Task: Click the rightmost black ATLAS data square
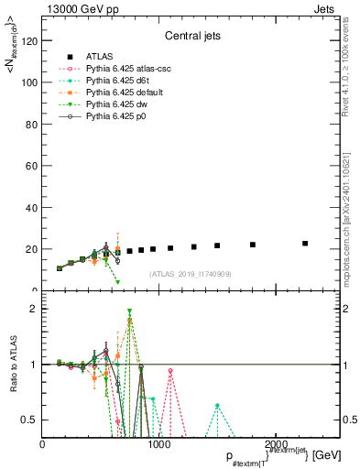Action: pyautogui.click(x=305, y=244)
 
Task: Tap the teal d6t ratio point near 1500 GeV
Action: pyautogui.click(x=217, y=405)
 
